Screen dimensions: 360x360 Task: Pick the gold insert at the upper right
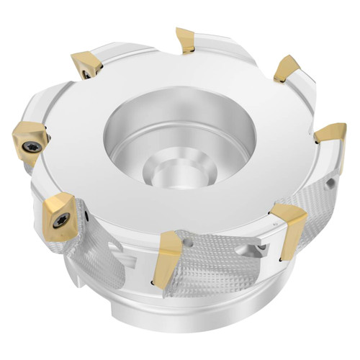[x=287, y=69]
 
